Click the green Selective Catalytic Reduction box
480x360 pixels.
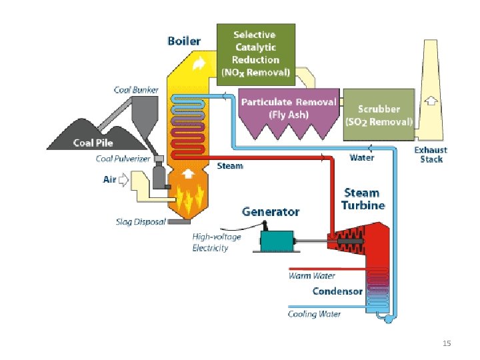[256, 55]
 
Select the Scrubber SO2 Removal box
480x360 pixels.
[379, 115]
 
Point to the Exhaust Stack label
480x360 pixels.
[431, 155]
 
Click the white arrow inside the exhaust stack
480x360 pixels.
[431, 101]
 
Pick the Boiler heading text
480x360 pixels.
[184, 41]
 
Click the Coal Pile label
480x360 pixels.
[93, 143]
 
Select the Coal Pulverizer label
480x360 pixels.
[123, 159]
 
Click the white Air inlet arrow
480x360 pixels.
[123, 180]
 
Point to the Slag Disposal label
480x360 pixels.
[141, 221]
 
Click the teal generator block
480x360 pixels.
[277, 241]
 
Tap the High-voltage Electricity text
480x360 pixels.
[217, 242]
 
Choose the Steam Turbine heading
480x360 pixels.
[363, 199]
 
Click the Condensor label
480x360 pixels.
[337, 291]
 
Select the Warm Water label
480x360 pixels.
[311, 276]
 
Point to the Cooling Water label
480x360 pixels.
[314, 314]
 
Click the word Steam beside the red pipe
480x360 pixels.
[230, 166]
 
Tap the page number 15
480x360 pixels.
[447, 343]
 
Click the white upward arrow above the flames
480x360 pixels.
[188, 174]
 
